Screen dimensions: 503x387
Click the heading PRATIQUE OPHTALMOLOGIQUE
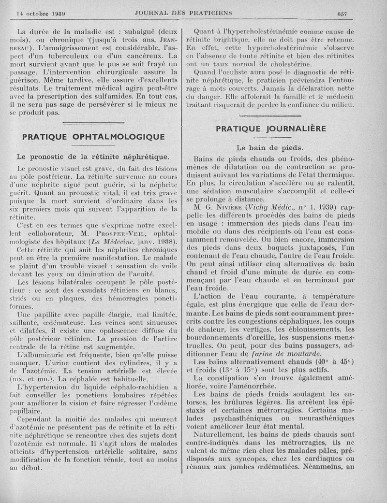(93, 137)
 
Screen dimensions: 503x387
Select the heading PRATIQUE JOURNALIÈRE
(270, 129)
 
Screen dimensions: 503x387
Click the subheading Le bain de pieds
(270, 148)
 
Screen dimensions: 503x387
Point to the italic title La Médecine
(114, 242)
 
